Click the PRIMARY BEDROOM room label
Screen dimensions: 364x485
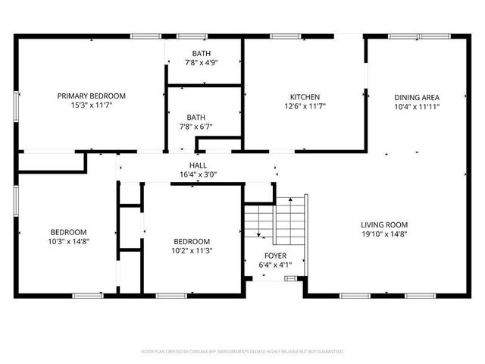92,96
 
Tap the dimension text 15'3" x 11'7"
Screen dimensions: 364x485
92,106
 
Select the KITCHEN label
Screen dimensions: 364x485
305,97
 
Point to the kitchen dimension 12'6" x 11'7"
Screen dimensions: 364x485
305,107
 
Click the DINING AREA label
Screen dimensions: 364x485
417,97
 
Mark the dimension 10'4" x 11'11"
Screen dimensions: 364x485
417,107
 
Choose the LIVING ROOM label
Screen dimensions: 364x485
384,224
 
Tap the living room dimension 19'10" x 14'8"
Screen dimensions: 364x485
384,234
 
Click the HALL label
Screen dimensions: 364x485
198,165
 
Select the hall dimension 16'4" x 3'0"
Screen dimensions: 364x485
198,175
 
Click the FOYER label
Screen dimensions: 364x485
275,256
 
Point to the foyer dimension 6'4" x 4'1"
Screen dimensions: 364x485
275,265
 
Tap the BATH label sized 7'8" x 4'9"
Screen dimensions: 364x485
202,53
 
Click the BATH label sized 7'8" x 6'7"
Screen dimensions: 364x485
196,117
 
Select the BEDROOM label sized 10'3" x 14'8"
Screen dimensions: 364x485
69,232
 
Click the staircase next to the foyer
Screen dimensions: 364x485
275,218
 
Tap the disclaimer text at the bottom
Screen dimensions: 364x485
242,352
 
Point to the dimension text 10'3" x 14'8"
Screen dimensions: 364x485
69,242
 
